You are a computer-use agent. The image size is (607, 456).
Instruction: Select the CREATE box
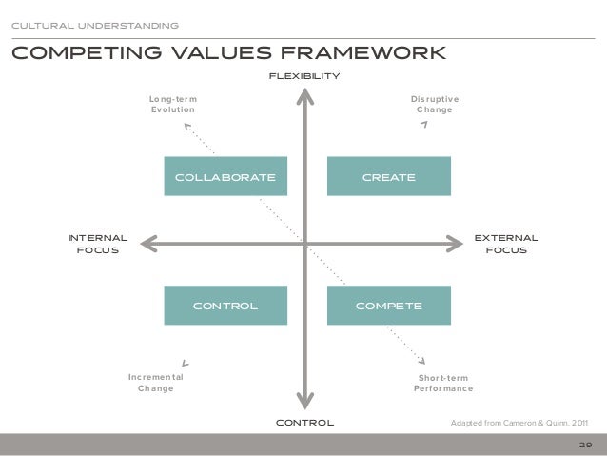[x=388, y=177]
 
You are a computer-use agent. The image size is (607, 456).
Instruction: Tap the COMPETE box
[x=388, y=306]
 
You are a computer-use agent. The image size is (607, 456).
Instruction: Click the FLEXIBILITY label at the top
[x=304, y=75]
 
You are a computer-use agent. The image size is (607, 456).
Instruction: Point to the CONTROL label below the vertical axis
[x=304, y=421]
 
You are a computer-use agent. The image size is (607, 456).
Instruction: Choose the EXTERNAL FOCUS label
[x=506, y=244]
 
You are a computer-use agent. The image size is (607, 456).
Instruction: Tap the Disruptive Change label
[x=435, y=104]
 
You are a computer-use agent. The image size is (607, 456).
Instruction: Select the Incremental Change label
[x=156, y=383]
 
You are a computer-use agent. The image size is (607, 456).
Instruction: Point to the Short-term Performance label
[x=443, y=384]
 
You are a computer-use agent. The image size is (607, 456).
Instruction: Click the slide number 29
[x=584, y=444]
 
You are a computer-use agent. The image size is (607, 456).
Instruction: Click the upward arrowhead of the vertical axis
[x=304, y=94]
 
